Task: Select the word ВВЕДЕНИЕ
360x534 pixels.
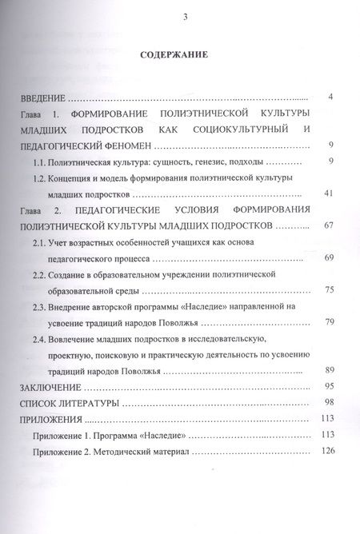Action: [x=42, y=97]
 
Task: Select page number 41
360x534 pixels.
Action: [x=328, y=193]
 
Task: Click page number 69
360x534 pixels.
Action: [x=328, y=257]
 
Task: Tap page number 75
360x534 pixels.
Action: [x=328, y=289]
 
